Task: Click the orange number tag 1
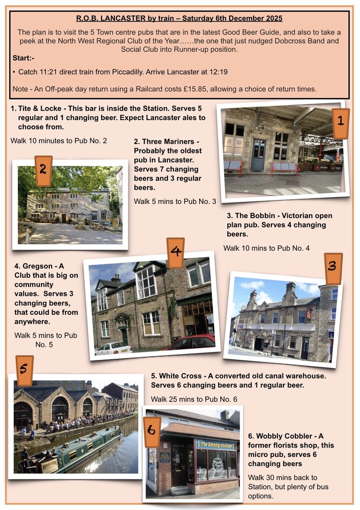(x=340, y=123)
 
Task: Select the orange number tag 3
(x=333, y=268)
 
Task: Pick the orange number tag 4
(x=176, y=252)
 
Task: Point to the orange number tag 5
(x=24, y=370)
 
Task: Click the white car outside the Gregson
(x=112, y=348)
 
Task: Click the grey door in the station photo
(x=257, y=155)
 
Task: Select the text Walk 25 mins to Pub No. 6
(x=194, y=399)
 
